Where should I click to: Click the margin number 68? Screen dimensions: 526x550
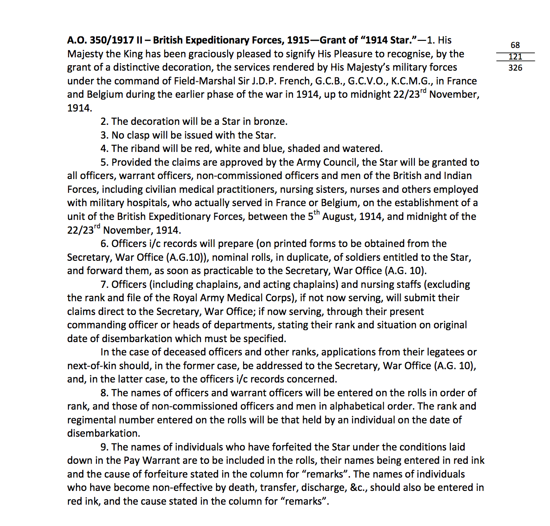pos(515,45)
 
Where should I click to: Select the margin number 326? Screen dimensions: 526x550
pos(515,68)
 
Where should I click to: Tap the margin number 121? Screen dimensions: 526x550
pos(515,57)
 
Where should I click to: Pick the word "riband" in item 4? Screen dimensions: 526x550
pos(145,149)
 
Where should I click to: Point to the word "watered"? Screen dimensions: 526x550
pos(362,149)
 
